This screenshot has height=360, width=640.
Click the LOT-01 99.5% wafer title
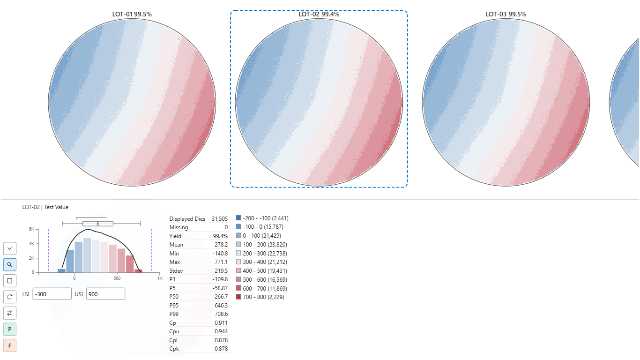pos(132,15)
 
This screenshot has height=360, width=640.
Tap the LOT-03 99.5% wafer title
pos(506,15)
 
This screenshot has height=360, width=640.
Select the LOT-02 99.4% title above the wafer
pos(319,15)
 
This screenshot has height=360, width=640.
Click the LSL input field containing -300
pos(52,294)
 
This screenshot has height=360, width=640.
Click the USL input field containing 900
pos(105,294)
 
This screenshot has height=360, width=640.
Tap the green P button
pos(10,329)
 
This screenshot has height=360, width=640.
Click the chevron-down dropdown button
pos(10,248)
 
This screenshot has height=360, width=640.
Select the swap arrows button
pos(10,313)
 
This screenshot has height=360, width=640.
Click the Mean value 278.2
pos(221,245)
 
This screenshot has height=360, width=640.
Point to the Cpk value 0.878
pos(221,349)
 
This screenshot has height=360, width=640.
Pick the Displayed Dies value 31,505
pos(219,219)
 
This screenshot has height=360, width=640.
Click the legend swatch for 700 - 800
pos(238,297)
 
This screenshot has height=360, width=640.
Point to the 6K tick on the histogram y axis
pos(31,229)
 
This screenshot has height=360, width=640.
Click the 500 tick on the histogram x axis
pos(117,278)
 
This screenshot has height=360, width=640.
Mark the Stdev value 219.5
pos(221,271)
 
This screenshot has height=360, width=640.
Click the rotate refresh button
pos(10,297)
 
